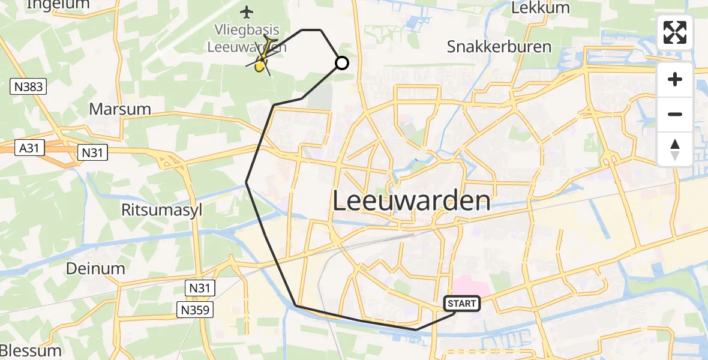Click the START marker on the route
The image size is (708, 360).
pos(461,304)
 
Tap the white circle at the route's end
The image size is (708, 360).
pos(341,62)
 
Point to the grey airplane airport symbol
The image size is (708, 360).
pos(247,11)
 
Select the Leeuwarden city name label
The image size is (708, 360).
pos(411,201)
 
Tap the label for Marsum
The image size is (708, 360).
pos(119,109)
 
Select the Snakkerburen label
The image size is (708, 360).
pos(499,47)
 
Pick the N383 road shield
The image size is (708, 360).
pos(28,86)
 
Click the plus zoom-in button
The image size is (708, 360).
pos(675,79)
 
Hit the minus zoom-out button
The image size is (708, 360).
pos(675,114)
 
